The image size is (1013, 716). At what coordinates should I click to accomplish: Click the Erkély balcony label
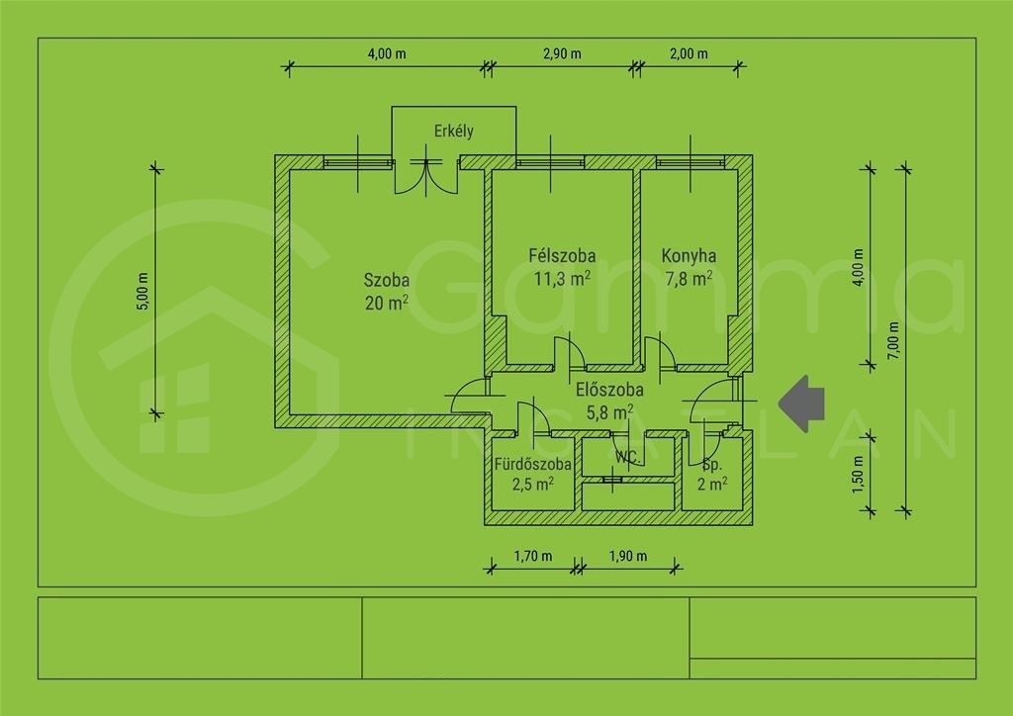pos(453,132)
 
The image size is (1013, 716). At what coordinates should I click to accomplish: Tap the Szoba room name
pos(387,280)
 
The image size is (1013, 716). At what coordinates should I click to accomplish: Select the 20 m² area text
pos(387,303)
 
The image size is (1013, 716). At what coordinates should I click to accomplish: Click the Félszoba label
pos(562,256)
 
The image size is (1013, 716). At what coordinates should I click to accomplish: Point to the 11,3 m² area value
pos(562,278)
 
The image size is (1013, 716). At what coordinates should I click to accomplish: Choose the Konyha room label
pos(689,256)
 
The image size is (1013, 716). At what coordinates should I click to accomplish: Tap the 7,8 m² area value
pos(689,278)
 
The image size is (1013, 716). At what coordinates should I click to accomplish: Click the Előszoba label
pos(609,390)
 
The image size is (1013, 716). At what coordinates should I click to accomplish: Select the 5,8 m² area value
pos(609,412)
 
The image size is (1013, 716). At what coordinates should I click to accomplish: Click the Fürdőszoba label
pos(532,464)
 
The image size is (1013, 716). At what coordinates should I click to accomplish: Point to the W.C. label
pos(627,458)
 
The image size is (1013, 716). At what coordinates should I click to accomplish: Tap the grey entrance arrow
pos(801,404)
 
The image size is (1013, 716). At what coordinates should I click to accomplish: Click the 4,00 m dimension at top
pos(387,53)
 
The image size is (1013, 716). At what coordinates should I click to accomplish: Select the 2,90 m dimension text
pos(562,53)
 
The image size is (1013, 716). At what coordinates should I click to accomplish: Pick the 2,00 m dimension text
pos(689,53)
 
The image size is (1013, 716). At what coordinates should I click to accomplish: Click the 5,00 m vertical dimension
pos(143,291)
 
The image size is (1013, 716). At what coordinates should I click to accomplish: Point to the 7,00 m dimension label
pos(893,340)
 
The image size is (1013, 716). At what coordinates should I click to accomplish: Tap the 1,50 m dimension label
pos(858,475)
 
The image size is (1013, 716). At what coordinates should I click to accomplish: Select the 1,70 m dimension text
pos(533,556)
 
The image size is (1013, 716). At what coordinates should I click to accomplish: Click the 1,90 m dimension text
pos(628,556)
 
